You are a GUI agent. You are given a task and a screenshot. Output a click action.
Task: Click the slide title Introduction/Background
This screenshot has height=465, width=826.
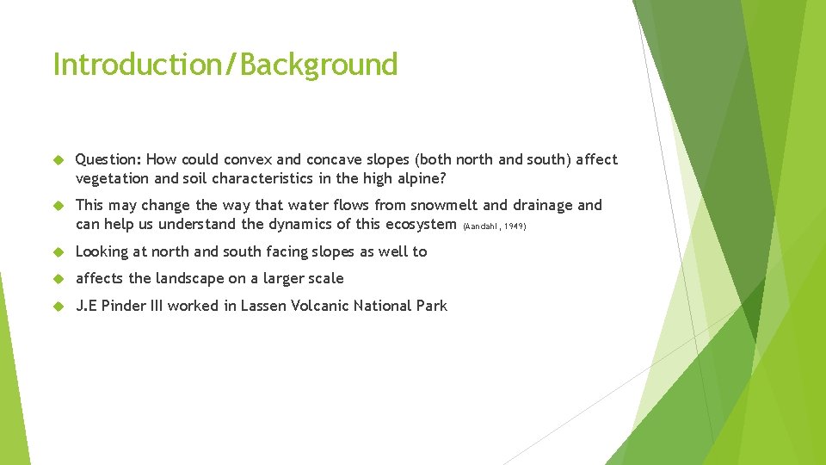pos(225,65)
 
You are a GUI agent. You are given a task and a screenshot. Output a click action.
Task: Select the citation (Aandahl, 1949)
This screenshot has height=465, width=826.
pos(494,226)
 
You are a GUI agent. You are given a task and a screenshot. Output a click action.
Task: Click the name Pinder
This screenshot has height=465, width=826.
pos(124,306)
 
